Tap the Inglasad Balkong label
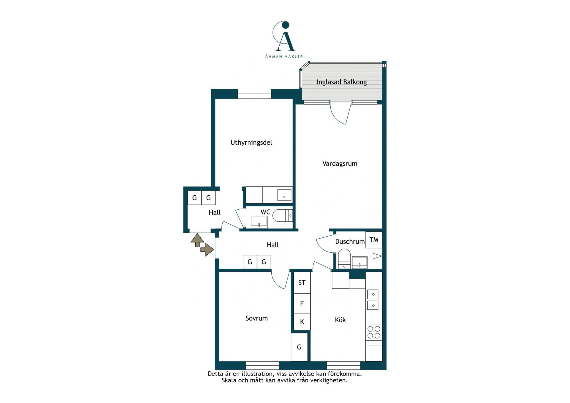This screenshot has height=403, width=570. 341,82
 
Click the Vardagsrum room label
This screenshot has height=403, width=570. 340,164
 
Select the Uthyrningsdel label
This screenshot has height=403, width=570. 251,142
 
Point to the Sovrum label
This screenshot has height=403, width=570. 257,318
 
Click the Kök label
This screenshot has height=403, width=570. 340,320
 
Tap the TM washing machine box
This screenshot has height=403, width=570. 374,240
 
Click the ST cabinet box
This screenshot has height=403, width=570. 302,283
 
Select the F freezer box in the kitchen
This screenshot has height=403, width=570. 302,303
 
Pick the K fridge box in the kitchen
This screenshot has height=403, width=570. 302,322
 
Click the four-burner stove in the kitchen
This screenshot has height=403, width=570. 374,332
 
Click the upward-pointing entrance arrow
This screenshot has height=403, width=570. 197,240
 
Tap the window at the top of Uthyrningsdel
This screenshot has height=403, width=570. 254,94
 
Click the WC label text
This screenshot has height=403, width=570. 265,212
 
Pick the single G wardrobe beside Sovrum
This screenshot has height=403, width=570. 299,347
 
